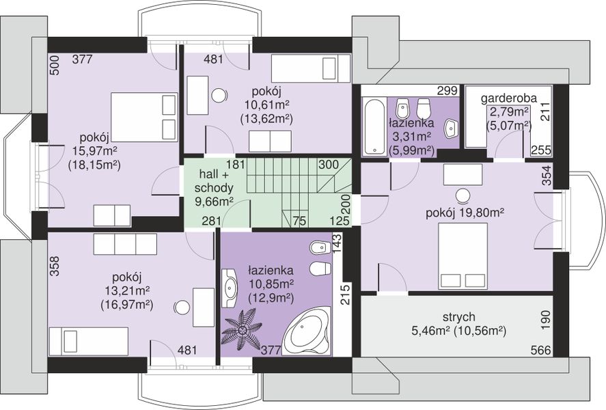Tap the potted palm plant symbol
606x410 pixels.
click(x=243, y=329)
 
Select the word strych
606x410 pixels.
click(x=458, y=318)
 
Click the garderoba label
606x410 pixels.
click(x=508, y=98)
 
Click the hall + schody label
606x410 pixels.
click(x=214, y=181)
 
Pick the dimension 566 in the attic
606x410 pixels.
click(x=540, y=351)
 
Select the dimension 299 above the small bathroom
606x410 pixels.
click(x=447, y=91)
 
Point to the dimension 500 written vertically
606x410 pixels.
click(x=55, y=66)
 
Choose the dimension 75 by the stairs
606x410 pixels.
click(x=299, y=221)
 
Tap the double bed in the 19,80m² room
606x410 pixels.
click(x=463, y=256)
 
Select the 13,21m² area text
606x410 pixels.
click(x=127, y=291)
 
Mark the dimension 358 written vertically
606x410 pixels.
click(x=55, y=266)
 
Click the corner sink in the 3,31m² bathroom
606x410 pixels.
click(x=451, y=128)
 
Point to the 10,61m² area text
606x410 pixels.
click(x=267, y=105)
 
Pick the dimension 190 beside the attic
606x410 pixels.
click(x=546, y=320)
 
